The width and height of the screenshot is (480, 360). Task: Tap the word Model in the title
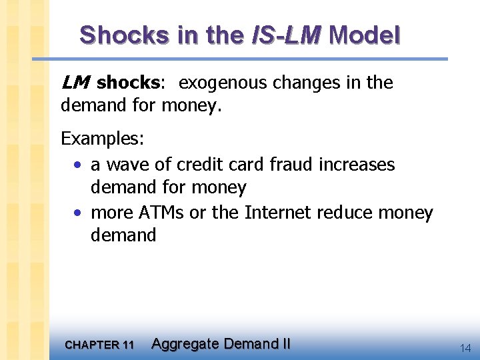click(x=364, y=35)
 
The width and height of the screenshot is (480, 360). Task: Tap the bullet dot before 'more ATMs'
click(x=78, y=213)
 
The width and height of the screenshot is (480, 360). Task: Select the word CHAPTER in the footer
click(x=91, y=345)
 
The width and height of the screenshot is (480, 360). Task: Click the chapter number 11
click(x=128, y=345)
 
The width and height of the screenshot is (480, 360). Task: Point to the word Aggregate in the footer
click(x=185, y=344)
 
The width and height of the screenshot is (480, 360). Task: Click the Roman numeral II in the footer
click(x=285, y=344)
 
